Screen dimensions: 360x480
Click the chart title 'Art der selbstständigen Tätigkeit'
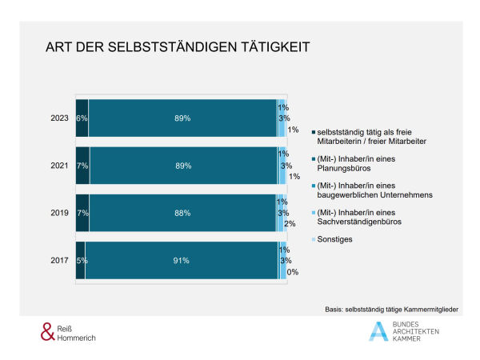177,48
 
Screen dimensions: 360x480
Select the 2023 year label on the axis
58,118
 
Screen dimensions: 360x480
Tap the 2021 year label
58,166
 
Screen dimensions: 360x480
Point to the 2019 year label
58,213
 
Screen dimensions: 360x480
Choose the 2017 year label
58,260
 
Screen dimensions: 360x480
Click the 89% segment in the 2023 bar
182,118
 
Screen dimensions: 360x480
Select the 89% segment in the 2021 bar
183,166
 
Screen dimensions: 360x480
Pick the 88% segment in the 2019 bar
183,213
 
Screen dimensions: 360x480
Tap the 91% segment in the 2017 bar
181,260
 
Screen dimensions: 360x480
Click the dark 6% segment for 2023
82,118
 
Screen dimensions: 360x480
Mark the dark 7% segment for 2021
82,166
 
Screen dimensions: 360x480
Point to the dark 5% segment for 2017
80,260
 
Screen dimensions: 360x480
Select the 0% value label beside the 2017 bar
293,272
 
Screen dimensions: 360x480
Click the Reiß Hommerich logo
71,332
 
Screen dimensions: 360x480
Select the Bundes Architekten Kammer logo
404,331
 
